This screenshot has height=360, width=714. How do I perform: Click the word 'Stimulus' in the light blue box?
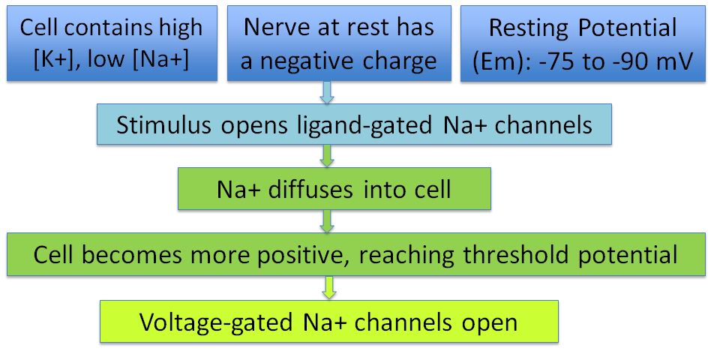pyautogui.click(x=163, y=124)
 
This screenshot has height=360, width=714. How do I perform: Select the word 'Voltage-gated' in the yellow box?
pyautogui.click(x=216, y=323)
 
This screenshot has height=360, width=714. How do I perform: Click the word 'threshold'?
pyautogui.click(x=516, y=254)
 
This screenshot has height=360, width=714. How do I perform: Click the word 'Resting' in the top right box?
pyautogui.click(x=529, y=28)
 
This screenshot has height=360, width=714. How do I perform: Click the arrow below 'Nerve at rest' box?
pyautogui.click(x=327, y=92)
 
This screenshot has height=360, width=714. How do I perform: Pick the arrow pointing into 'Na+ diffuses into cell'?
pyautogui.click(x=327, y=156)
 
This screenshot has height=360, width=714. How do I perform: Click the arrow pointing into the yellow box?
pyautogui.click(x=328, y=288)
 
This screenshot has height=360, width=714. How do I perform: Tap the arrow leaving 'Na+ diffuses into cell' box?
pyautogui.click(x=327, y=222)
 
